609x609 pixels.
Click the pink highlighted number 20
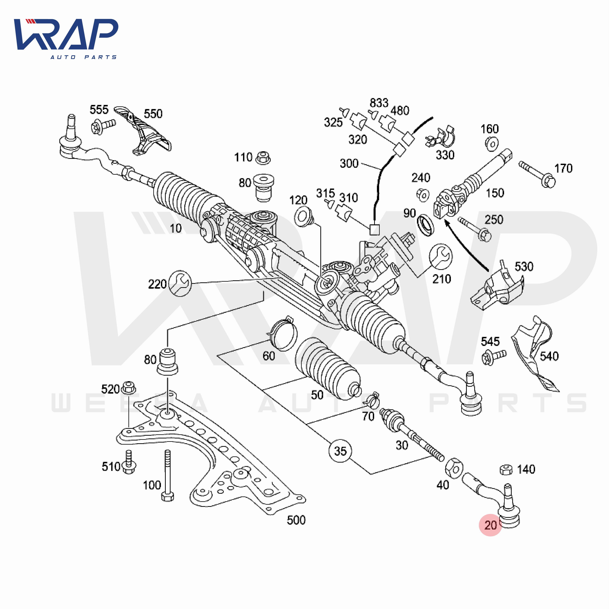(490, 525)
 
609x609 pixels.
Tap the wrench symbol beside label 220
(180, 283)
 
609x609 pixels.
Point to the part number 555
(99, 110)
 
